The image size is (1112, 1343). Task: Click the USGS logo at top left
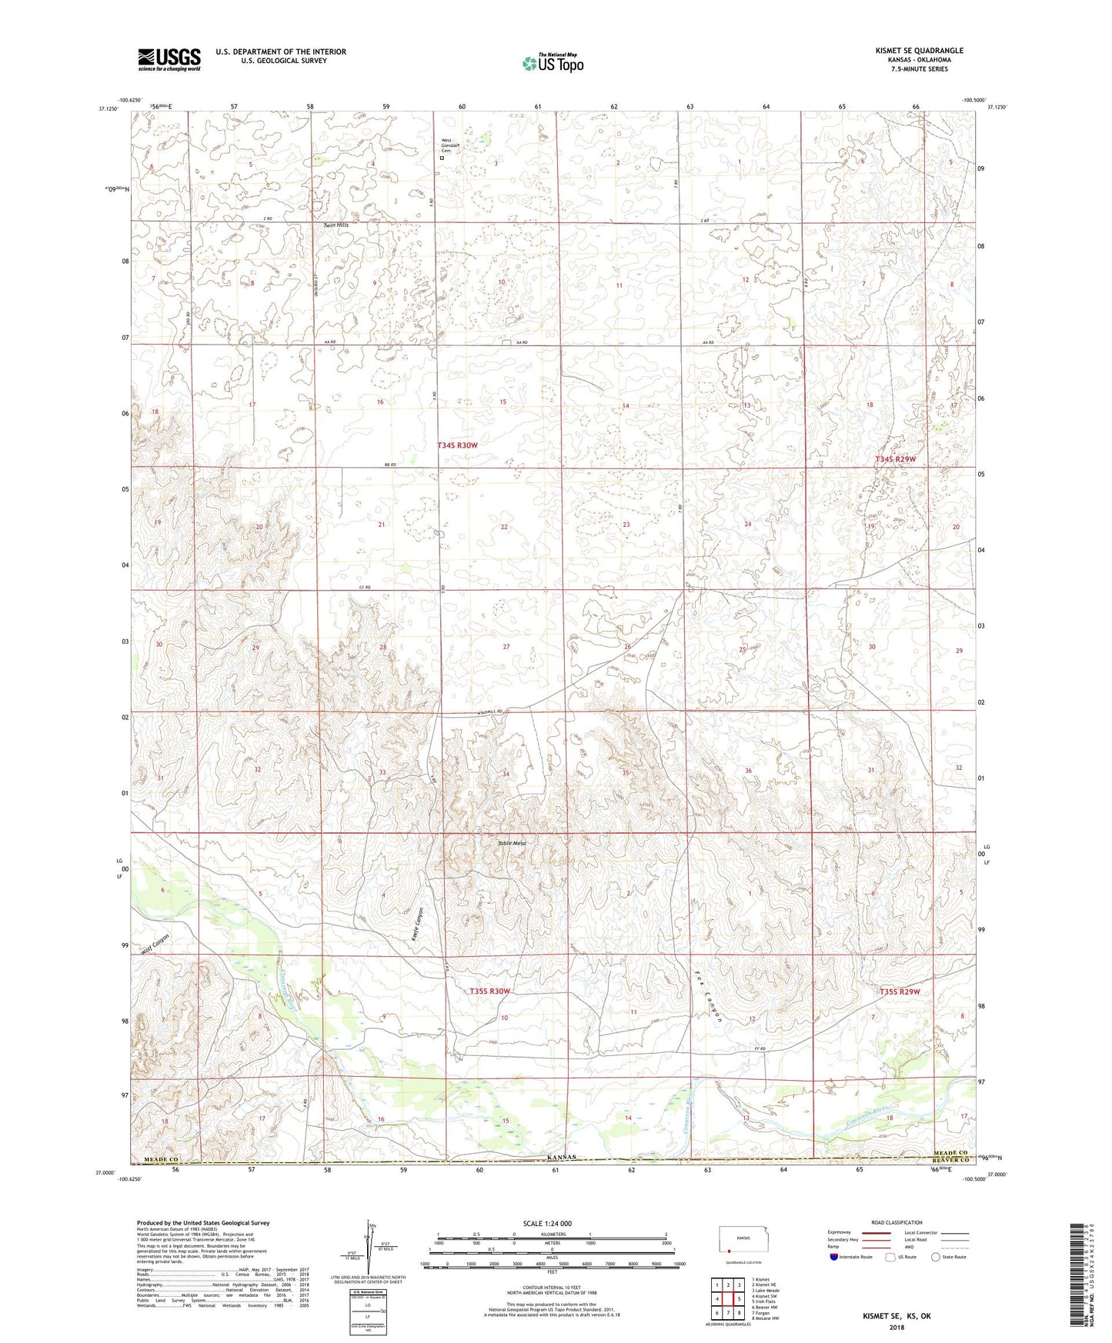pyautogui.click(x=169, y=59)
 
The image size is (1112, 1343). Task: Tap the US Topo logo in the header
pyautogui.click(x=552, y=63)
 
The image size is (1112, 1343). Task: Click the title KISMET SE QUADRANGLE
pyautogui.click(x=919, y=51)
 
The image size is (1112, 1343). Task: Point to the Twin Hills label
pyautogui.click(x=336, y=225)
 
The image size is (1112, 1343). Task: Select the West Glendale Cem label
pyautogui.click(x=450, y=145)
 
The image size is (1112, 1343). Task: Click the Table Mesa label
pyautogui.click(x=512, y=844)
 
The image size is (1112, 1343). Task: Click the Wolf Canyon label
pyautogui.click(x=155, y=945)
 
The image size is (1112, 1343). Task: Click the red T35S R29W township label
pyautogui.click(x=900, y=992)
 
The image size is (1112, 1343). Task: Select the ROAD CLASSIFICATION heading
pyautogui.click(x=897, y=1222)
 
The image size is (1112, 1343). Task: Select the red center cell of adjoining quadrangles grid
pyautogui.click(x=727, y=1298)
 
